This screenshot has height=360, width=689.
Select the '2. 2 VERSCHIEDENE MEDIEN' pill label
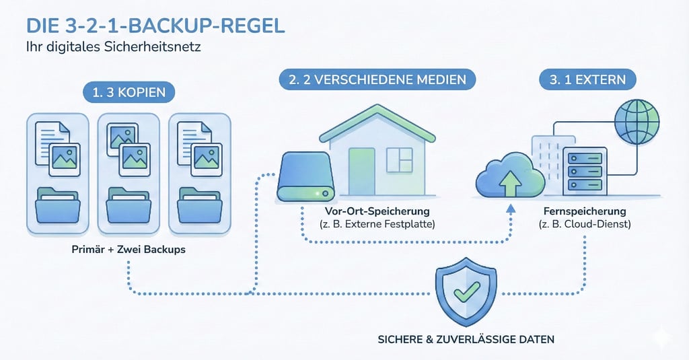(x=377, y=79)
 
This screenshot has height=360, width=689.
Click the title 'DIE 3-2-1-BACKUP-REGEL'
(x=155, y=26)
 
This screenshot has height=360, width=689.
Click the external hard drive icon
(x=307, y=176)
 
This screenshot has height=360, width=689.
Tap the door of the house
(x=362, y=172)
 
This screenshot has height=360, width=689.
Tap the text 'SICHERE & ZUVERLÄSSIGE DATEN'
(x=466, y=339)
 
